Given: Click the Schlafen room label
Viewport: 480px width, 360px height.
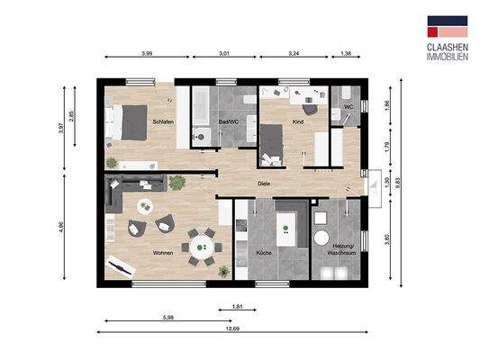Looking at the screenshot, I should pyautogui.click(x=162, y=121).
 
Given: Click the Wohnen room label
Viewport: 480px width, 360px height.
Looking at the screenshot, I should pyautogui.click(x=162, y=253).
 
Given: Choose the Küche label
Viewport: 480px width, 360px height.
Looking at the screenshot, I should pyautogui.click(x=264, y=253).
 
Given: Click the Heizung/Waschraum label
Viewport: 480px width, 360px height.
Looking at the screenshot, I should pyautogui.click(x=344, y=249).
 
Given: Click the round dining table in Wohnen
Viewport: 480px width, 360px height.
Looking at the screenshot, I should pyautogui.click(x=201, y=243).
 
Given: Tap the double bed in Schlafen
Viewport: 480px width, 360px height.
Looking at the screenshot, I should pyautogui.click(x=127, y=123).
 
